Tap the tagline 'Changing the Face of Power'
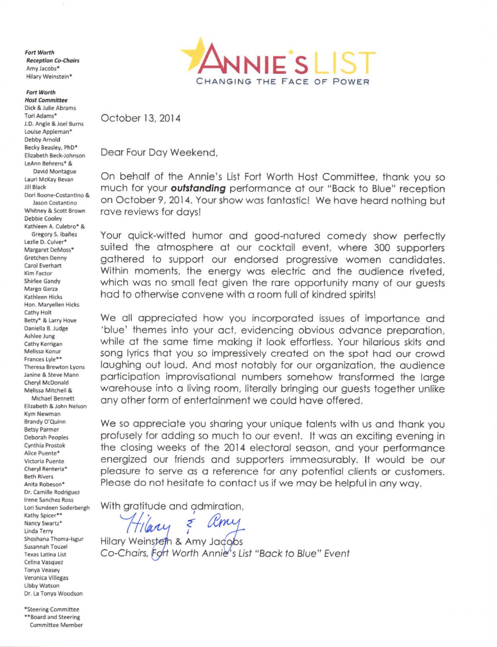coord(283,81)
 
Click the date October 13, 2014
coord(140,118)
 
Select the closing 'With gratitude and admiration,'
coord(172,506)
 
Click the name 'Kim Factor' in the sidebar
coord(38,273)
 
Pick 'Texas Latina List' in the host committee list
coord(45,554)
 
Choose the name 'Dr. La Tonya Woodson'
coord(53,594)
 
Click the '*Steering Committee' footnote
coord(51,609)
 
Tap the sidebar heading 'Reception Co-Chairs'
coord(52,60)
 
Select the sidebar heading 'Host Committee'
coord(46,100)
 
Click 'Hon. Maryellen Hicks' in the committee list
coord(52,305)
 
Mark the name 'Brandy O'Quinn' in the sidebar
coord(45,422)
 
